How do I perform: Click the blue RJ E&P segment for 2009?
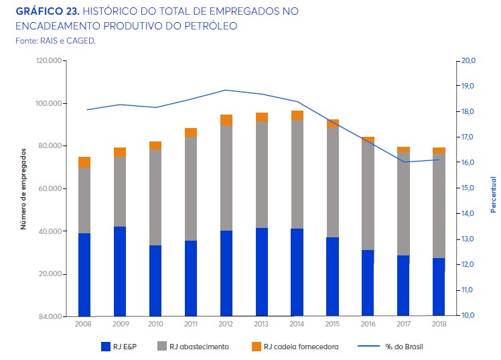pos(120,271)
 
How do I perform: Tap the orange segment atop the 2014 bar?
pos(297,115)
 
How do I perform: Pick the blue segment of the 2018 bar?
pos(439,287)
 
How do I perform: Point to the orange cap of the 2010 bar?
pos(155,145)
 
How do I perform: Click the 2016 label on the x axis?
pos(368,324)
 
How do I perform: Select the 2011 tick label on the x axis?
pos(190,324)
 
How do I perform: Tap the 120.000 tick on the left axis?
pos(49,61)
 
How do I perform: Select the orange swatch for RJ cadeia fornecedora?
pos(255,347)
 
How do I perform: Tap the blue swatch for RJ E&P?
pos(105,347)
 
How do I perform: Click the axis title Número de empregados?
pos(22,188)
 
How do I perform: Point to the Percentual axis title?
pos(493,194)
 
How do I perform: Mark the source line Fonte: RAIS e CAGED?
pos(55,41)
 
